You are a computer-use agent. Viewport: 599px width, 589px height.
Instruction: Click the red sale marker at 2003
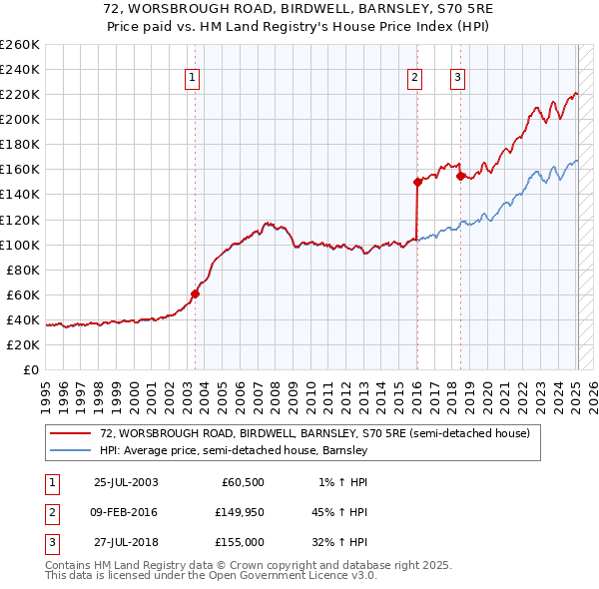coord(196,294)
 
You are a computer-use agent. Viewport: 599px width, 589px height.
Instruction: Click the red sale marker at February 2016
coord(417,182)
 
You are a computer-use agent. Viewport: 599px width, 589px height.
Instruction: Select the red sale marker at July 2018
coord(460,176)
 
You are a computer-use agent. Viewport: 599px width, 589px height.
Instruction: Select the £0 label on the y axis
coord(30,369)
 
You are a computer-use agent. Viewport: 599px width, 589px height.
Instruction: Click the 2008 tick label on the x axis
coord(278,391)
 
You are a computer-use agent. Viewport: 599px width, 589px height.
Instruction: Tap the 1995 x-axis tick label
coord(46,391)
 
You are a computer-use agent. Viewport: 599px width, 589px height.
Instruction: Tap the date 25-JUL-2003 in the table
coord(126,482)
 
